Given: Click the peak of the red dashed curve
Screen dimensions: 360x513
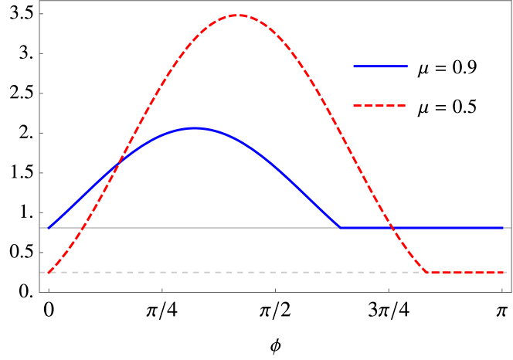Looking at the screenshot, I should [x=236, y=15].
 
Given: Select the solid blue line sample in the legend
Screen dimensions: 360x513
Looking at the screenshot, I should [x=380, y=66].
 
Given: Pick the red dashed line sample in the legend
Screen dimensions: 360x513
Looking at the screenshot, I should [x=380, y=106].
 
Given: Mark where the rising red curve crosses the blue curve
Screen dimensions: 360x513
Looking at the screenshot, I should [x=117, y=165].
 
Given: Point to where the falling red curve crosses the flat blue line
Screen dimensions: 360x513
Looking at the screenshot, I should [x=392, y=228].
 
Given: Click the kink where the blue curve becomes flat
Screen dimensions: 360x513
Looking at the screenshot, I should [x=340, y=228].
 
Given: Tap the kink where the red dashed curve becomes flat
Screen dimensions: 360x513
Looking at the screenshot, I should [x=427, y=273].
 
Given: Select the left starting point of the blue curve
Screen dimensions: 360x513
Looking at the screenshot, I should [x=49, y=228].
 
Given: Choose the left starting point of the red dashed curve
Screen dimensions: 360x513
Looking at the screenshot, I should [x=49, y=273].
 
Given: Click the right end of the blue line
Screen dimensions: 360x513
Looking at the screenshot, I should [x=502, y=228].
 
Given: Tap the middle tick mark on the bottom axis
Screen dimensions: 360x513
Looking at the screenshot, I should [x=275, y=290].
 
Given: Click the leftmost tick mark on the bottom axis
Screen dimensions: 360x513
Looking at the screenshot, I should [x=49, y=290].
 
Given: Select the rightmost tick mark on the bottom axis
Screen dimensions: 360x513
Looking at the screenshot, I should [x=501, y=290].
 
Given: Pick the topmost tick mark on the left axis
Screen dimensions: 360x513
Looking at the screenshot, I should [x=41, y=14].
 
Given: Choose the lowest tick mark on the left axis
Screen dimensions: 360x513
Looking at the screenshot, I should [x=41, y=253].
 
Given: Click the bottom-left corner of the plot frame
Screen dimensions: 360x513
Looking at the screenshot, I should [x=39, y=292].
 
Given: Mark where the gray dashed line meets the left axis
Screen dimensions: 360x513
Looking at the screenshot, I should [x=39, y=273].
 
